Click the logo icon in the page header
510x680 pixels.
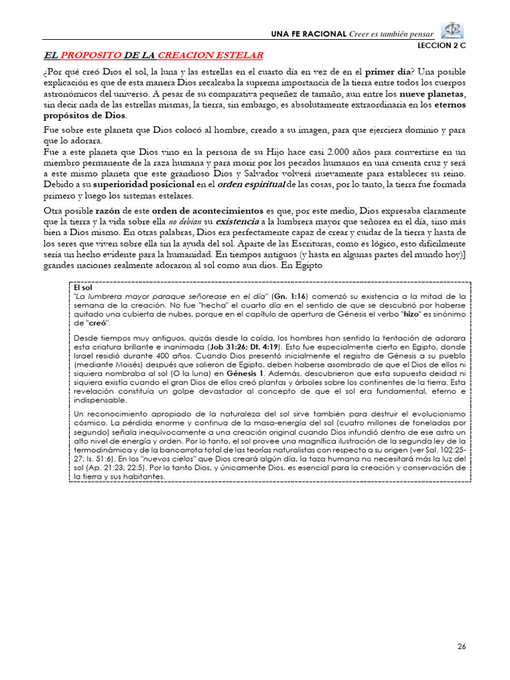tap(453, 31)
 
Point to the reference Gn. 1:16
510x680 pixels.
tap(290, 296)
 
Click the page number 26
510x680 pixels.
tap(462, 647)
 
